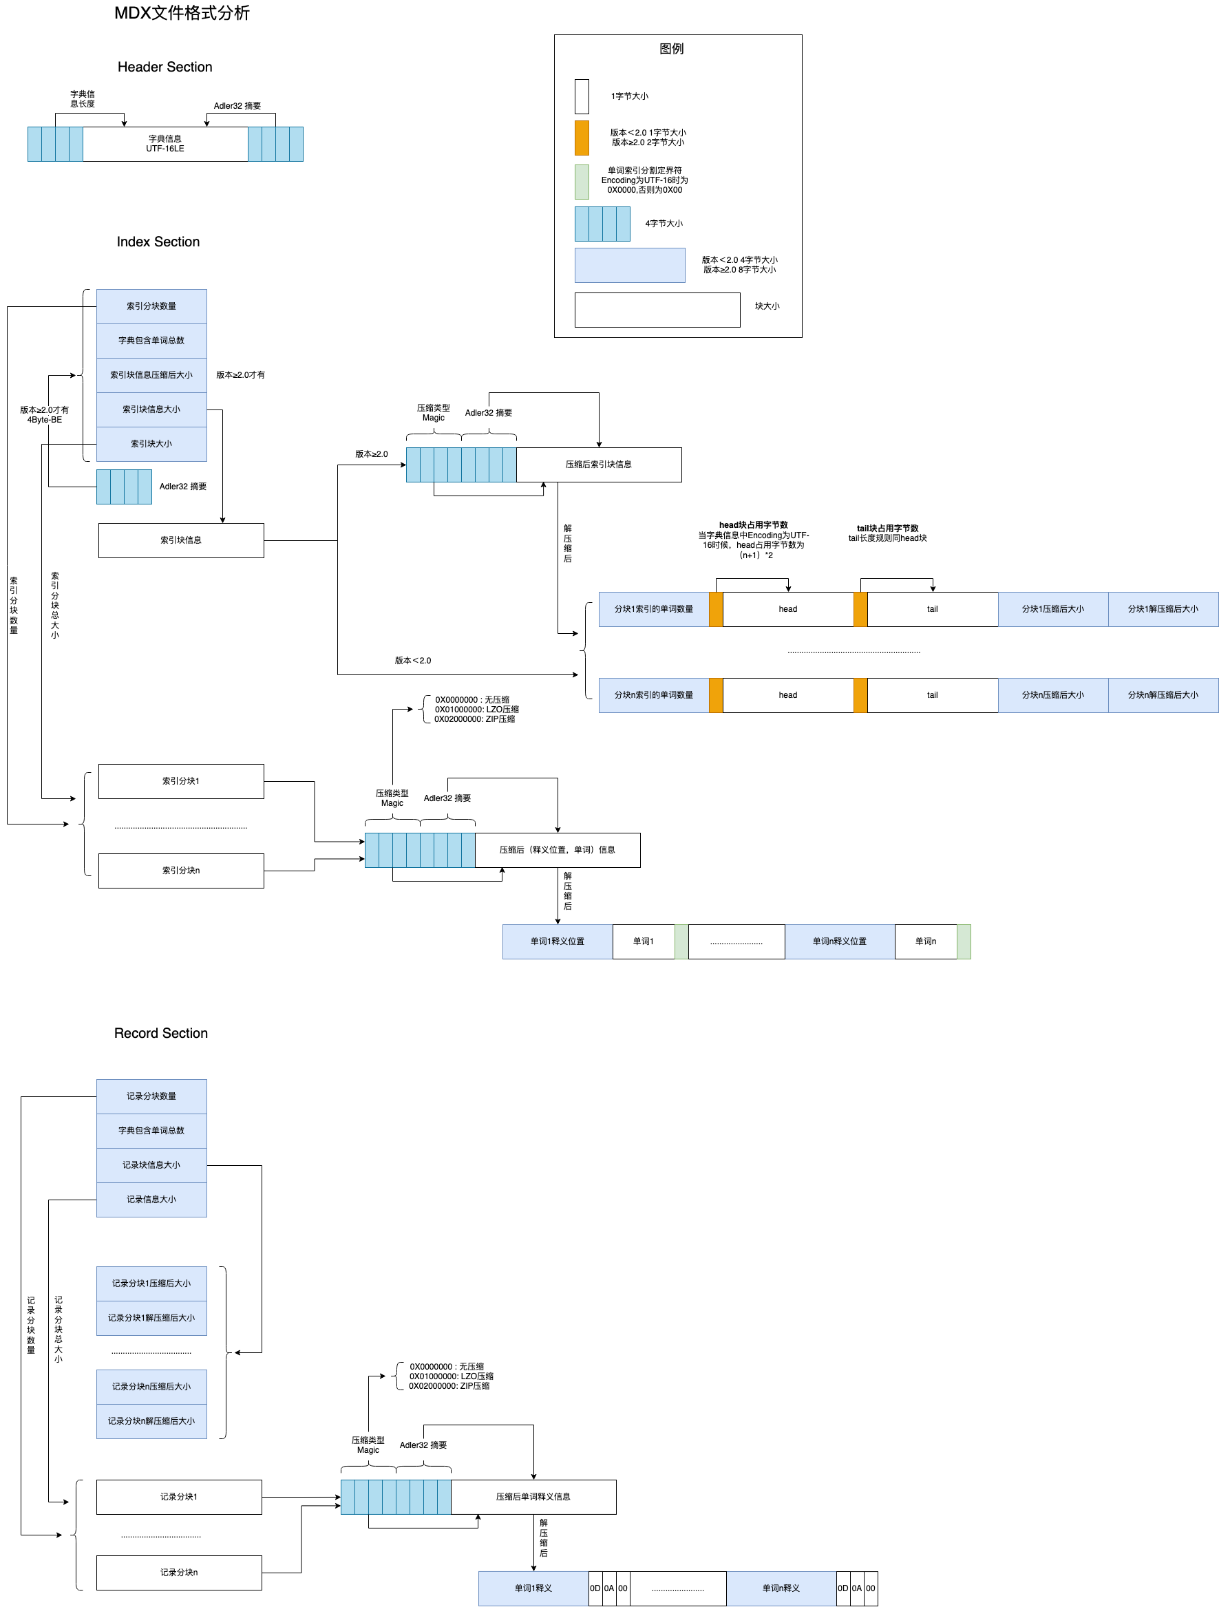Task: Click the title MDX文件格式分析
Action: [182, 13]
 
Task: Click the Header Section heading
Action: [165, 67]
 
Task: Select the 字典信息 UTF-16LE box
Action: [165, 144]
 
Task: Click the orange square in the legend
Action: [581, 138]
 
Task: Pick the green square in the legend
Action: [581, 182]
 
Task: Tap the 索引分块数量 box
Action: [151, 306]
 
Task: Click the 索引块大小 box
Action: [151, 444]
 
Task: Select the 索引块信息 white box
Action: [181, 540]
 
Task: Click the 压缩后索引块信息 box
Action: [599, 465]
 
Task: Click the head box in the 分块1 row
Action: [787, 610]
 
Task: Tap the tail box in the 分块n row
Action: [932, 695]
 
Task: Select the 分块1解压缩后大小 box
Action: [1163, 610]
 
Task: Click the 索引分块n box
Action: [181, 871]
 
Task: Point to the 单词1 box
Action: [643, 941]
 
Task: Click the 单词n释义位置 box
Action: [839, 941]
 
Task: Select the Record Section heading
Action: [160, 1033]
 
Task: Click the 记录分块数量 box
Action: [151, 1096]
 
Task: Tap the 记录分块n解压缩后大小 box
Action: [151, 1421]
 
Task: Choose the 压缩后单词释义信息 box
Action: [533, 1497]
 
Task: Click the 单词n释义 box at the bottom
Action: [781, 1588]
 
